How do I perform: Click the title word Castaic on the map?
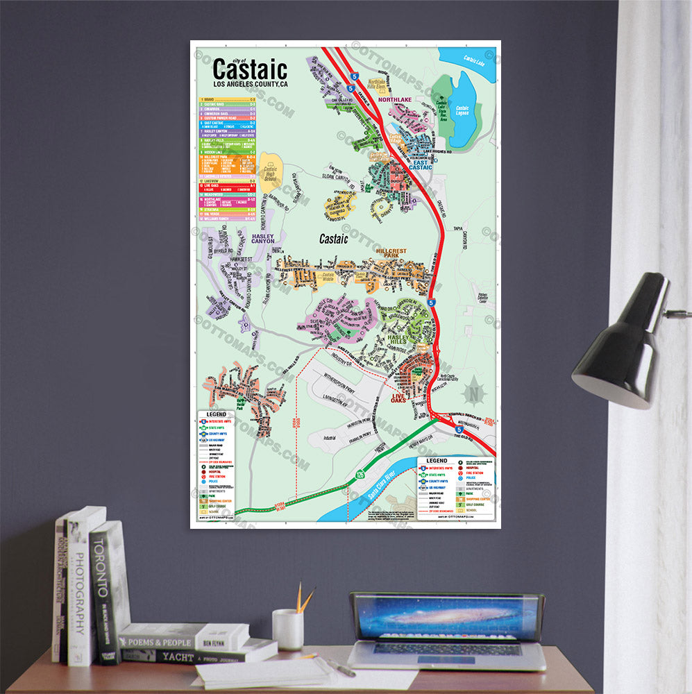click(x=249, y=69)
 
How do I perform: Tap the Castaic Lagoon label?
click(x=462, y=110)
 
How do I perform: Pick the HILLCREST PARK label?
click(x=393, y=253)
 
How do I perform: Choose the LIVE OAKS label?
click(x=398, y=398)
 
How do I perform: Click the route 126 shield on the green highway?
click(x=360, y=475)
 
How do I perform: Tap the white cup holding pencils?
click(x=287, y=629)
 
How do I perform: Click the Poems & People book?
click(x=182, y=638)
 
